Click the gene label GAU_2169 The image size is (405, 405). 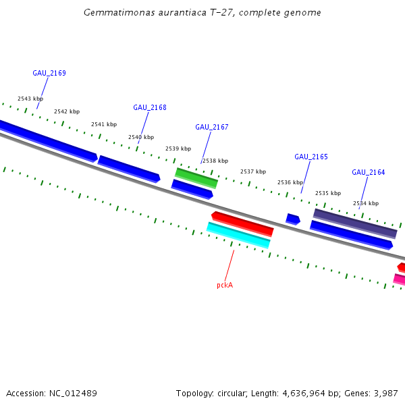[49, 73]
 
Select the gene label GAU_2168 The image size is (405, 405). [150, 107]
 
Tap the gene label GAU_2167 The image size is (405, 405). [212, 127]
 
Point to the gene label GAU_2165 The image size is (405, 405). [311, 157]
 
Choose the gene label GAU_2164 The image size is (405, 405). [369, 172]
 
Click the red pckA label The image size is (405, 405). [225, 285]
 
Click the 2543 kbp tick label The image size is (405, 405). [30, 99]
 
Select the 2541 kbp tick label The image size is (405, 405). [104, 124]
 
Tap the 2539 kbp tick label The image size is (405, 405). [178, 148]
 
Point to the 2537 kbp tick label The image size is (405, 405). [253, 171]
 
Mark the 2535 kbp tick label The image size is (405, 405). [328, 193]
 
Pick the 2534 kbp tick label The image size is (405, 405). [366, 203]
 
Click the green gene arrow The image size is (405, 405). [196, 178]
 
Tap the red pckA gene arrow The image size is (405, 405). [242, 223]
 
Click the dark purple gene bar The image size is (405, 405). [355, 223]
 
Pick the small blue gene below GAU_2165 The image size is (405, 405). [293, 219]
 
